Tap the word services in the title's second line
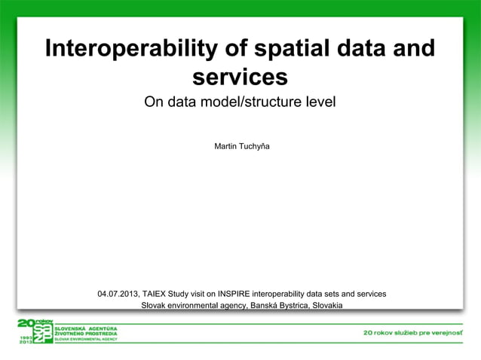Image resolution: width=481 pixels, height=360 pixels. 240,77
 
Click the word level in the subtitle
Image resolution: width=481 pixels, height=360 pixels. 319,102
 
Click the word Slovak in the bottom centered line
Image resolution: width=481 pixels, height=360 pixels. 155,306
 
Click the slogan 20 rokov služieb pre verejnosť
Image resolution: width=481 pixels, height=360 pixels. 413,332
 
